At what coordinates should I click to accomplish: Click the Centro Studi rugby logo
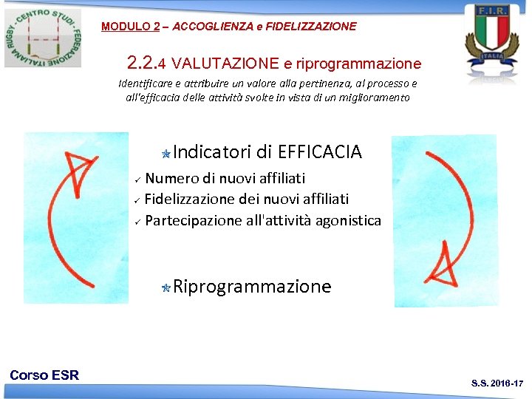(43, 36)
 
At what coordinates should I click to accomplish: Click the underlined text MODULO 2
(130, 27)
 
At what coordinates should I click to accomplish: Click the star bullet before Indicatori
(167, 154)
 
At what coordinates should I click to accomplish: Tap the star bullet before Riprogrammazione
(167, 288)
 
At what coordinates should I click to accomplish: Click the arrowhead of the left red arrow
(79, 167)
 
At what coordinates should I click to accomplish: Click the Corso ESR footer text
(44, 375)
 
